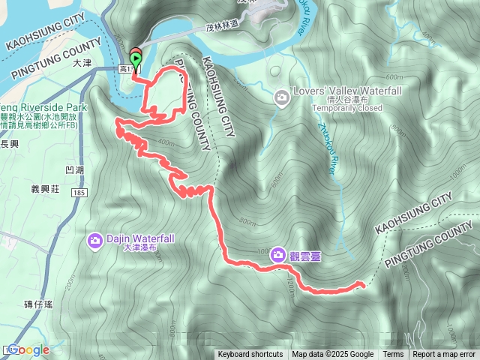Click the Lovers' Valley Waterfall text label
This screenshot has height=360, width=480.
click(x=337, y=91)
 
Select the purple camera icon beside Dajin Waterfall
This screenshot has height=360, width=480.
click(x=95, y=240)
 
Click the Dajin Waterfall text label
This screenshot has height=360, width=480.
click(x=140, y=238)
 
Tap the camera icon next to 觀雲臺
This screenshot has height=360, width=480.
click(x=277, y=255)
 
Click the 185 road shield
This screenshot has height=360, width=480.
click(x=79, y=193)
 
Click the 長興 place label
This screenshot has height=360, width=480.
click(x=10, y=142)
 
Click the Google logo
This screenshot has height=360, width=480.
click(x=28, y=349)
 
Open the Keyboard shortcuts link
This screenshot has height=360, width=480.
click(x=250, y=355)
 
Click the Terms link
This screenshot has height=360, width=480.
click(x=393, y=355)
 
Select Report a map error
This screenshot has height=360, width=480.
click(x=444, y=355)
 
